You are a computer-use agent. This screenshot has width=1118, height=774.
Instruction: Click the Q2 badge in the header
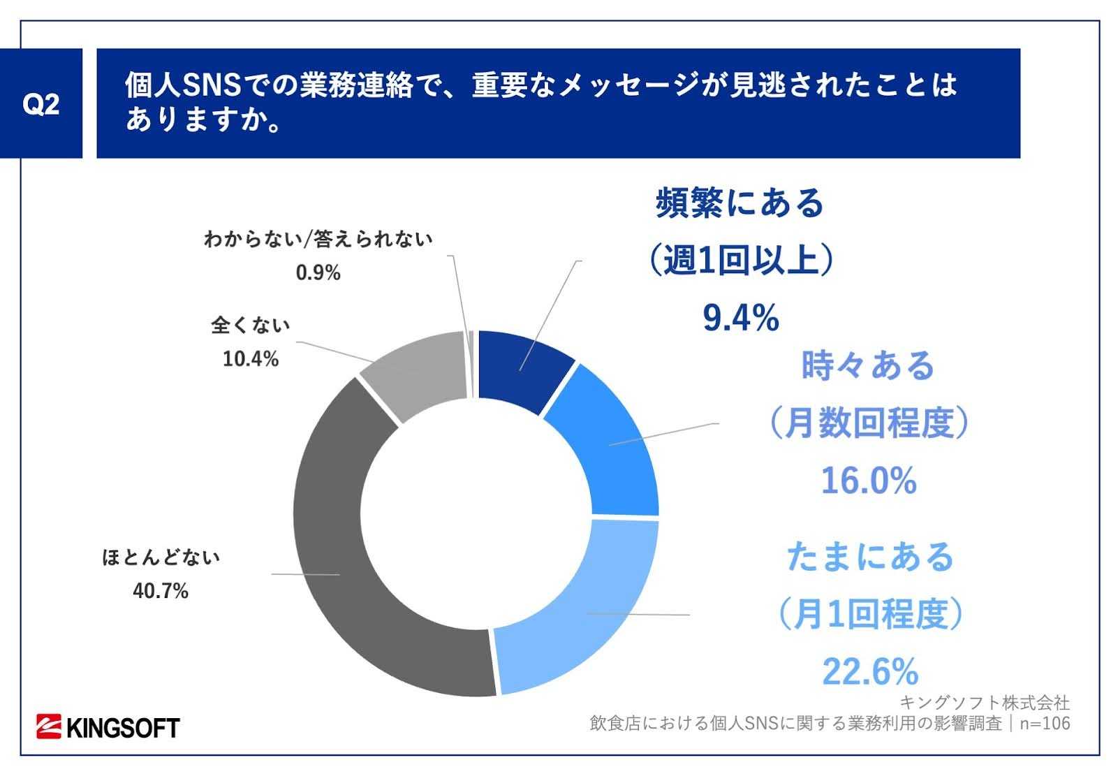41,103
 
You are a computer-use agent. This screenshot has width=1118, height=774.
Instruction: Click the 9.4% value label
740,319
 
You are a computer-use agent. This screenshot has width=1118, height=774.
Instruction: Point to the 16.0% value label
868,481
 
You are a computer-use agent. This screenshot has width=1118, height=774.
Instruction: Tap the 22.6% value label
870,672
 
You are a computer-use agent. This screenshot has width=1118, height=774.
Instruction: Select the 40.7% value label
161,592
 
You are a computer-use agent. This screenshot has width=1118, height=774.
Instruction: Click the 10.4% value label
251,359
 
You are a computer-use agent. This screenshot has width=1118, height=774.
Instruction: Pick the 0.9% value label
318,272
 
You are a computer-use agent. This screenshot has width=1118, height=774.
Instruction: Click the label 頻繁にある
740,203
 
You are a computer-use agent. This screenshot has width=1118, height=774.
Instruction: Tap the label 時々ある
868,365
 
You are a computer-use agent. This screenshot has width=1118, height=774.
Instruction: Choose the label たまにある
870,557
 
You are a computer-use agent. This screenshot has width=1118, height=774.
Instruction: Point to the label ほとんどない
161,558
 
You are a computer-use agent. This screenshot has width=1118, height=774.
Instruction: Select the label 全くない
251,326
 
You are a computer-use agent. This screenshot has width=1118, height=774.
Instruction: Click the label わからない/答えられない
318,240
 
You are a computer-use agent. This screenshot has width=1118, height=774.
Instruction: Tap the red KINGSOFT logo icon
50,727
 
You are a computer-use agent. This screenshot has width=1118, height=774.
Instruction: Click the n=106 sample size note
1045,724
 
